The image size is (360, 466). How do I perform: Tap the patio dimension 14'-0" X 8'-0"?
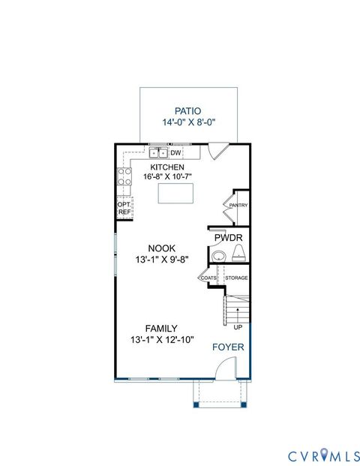(x=187, y=122)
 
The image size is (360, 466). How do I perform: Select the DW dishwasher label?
(x=176, y=153)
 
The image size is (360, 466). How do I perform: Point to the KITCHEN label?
(x=166, y=167)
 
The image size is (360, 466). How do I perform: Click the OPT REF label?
(x=124, y=208)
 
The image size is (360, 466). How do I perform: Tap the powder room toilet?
(x=239, y=257)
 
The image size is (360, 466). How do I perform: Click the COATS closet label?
(x=208, y=278)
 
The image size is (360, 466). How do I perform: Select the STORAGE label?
(x=237, y=278)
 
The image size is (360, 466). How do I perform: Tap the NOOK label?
(x=161, y=248)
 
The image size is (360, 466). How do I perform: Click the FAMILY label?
(x=161, y=328)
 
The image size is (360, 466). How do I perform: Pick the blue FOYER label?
(x=226, y=347)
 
